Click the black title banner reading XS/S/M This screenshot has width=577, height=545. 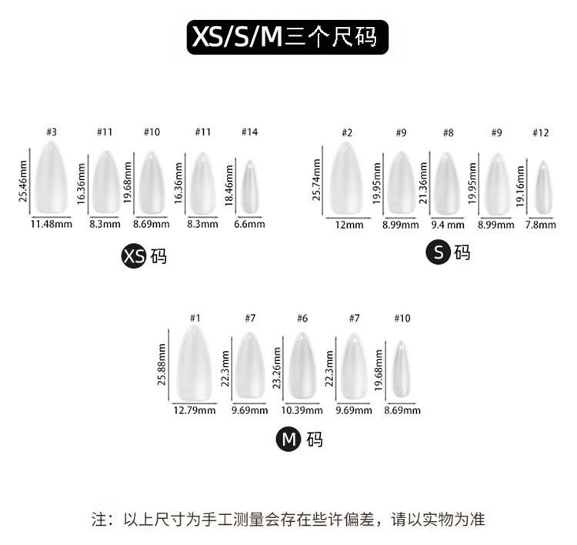288,37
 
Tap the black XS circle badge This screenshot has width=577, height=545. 134,256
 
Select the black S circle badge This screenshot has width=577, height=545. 439,252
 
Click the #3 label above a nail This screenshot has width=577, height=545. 51,132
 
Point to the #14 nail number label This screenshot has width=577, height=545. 249,132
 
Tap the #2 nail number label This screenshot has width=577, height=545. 347,132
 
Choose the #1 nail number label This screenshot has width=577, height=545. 195,318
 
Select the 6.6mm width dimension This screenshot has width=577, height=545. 249,225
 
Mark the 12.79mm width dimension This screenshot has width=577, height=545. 195,410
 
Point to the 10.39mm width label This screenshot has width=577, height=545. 302,410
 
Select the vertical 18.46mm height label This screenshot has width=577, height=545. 229,187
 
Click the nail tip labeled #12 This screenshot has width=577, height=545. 544,187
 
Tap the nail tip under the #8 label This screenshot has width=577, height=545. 447,183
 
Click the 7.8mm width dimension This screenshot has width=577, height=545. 541,225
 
